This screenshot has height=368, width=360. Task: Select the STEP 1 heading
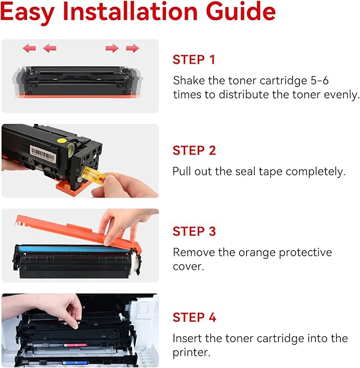click(194, 60)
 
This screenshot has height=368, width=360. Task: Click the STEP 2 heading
click(194, 151)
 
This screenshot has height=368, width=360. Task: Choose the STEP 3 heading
click(194, 231)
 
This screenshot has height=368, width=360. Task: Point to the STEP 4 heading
click(194, 318)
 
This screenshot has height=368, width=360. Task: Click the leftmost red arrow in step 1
click(29, 48)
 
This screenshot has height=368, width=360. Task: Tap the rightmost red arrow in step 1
click(133, 48)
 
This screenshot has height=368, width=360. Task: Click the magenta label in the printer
click(76, 345)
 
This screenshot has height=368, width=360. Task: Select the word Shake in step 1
click(188, 80)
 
